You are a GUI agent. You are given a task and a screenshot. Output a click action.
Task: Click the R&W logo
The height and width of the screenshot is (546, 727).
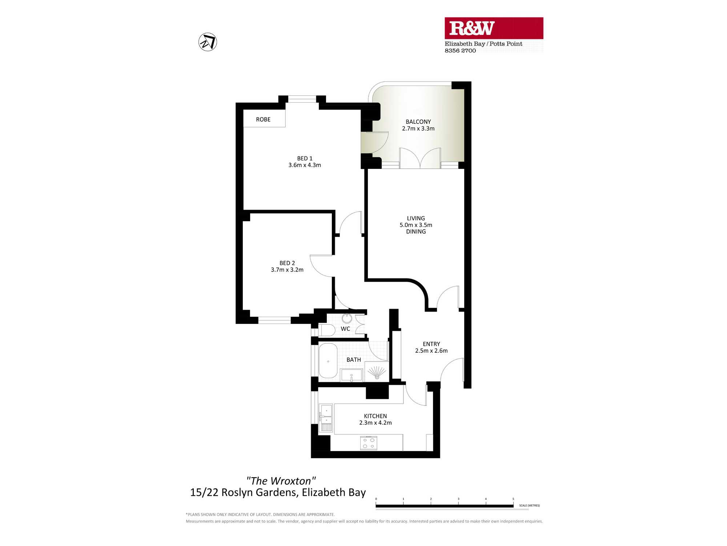tap(472, 28)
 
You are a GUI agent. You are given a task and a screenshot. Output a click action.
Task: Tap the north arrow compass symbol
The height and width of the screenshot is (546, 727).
tap(208, 42)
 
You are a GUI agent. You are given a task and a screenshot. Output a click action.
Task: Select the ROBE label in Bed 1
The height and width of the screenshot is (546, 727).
tap(263, 119)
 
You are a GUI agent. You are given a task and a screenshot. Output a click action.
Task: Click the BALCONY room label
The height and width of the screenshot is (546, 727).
tap(418, 122)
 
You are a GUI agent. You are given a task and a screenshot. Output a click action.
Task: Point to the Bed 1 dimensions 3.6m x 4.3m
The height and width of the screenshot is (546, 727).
tap(305, 165)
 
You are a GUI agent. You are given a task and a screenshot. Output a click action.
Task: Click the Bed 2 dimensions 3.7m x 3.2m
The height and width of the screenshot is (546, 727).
tap(287, 270)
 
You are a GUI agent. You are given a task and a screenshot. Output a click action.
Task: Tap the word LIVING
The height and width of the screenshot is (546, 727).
tap(416, 218)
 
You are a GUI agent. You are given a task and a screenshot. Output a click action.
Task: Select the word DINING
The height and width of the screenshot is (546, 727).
tap(416, 232)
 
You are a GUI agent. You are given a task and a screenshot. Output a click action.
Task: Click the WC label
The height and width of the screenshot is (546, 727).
tap(345, 329)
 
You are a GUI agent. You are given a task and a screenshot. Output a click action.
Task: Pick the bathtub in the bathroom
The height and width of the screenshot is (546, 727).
tap(328, 361)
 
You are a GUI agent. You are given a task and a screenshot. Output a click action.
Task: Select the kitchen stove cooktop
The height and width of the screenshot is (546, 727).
tap(369, 443)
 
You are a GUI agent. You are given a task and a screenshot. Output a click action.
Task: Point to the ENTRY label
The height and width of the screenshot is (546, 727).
tap(431, 344)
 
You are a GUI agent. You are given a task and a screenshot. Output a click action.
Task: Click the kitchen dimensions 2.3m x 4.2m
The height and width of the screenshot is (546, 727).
tap(375, 423)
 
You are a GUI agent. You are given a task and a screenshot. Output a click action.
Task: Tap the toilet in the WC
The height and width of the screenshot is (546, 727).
tap(327, 330)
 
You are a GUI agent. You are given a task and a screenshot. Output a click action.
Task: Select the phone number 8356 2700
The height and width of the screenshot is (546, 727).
tap(460, 51)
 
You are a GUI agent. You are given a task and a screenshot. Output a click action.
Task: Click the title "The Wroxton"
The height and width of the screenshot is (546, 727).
tap(281, 481)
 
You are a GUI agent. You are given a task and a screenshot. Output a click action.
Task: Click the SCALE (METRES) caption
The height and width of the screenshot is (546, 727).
tap(529, 506)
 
